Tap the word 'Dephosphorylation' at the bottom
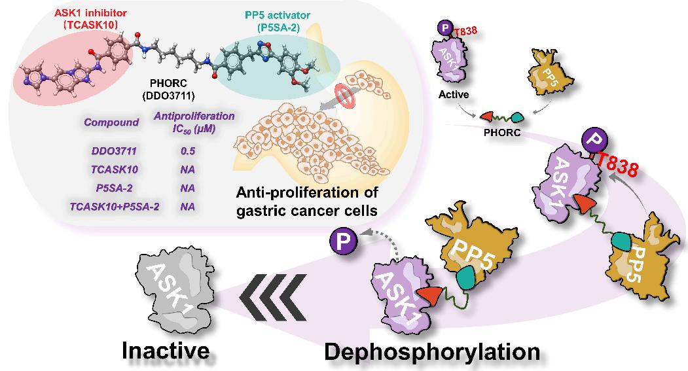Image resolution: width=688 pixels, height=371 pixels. point(432,351)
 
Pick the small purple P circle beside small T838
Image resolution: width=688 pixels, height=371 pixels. point(444,28)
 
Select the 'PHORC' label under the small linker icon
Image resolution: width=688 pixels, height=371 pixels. point(503,131)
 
